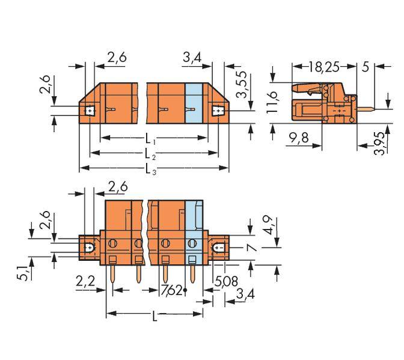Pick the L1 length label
[x=153, y=140]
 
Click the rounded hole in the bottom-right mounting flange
[x=219, y=246]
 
